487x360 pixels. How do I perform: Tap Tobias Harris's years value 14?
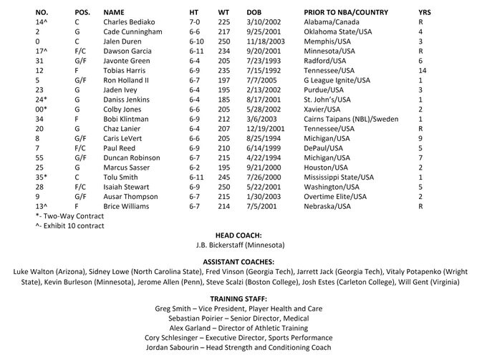422,71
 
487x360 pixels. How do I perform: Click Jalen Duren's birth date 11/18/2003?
266,42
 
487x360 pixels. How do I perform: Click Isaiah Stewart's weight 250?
224,186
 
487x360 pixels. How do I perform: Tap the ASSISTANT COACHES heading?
243,262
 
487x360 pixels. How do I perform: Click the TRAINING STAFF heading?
243,298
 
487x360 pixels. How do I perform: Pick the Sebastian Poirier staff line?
243,317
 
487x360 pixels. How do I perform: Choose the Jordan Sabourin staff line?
243,347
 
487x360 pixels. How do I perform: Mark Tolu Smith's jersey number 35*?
41,176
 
